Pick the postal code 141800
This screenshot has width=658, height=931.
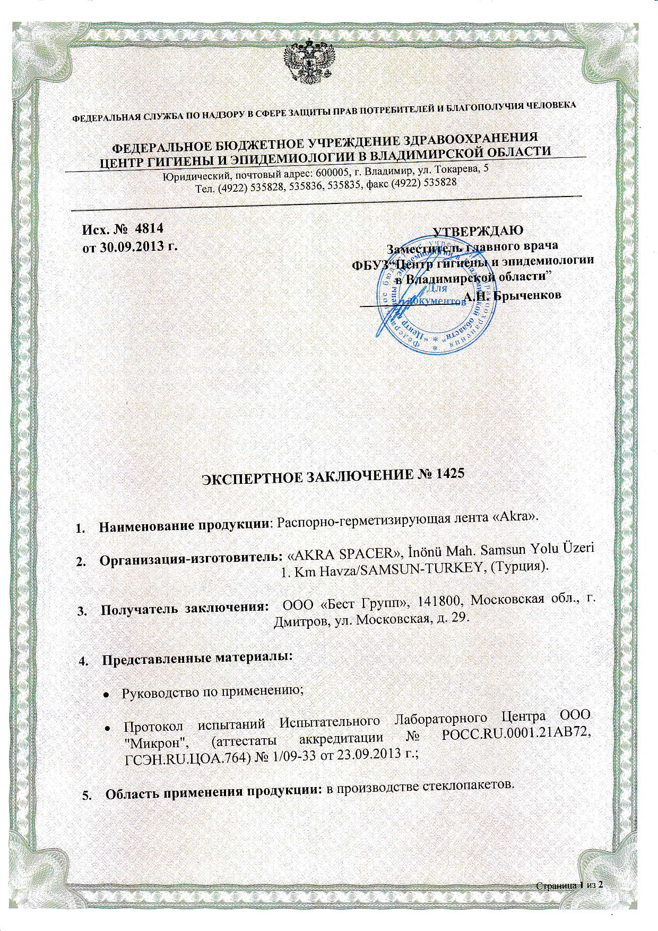(439, 600)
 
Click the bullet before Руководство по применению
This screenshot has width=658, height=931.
(106, 694)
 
